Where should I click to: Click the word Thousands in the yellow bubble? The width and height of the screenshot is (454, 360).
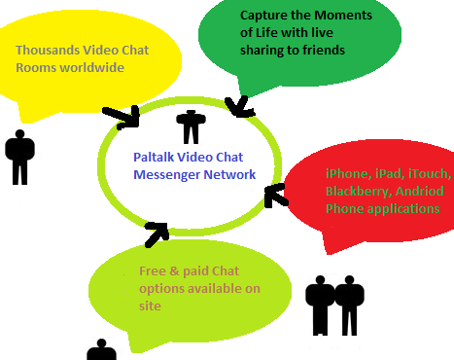48,51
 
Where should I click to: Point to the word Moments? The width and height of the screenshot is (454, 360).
343,16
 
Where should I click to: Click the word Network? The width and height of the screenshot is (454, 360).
229,175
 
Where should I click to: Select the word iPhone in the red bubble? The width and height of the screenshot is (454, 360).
349,174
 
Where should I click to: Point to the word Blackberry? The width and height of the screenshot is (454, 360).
359,192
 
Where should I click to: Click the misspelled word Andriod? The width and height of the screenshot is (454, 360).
420,191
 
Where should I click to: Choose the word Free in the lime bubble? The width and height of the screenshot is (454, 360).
153,271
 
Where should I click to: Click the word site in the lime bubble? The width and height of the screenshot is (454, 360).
150,306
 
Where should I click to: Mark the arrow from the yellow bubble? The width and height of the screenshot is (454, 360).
121,118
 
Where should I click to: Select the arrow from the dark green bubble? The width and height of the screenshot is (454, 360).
240,106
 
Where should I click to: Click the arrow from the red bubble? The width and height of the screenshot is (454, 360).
276,196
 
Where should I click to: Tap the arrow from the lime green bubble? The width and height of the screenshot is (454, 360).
157,234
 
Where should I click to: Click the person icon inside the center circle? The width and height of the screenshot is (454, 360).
191,127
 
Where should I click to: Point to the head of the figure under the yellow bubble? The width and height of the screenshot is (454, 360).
20,134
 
